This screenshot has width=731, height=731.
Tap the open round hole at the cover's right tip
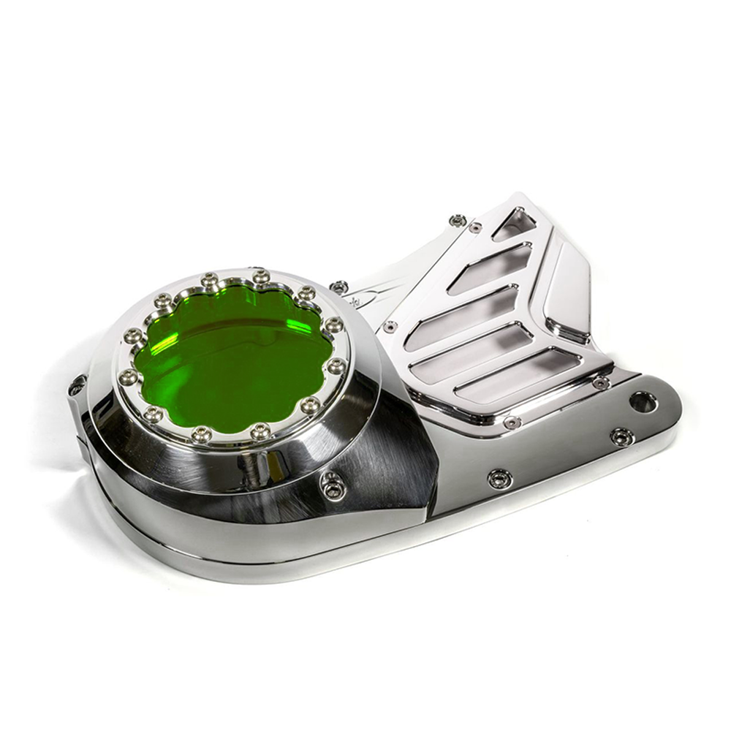tap(643, 401)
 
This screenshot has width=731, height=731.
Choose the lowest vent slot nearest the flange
tap(519, 376)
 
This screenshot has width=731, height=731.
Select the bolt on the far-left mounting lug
tap(77, 386)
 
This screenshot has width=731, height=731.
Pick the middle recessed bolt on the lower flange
tap(500, 478)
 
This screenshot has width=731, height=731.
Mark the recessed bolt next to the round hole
tap(621, 436)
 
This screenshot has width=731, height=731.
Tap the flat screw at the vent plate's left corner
tap(390, 326)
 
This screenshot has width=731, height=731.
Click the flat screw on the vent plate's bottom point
tap(512, 422)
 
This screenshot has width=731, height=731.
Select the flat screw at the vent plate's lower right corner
tap(601, 383)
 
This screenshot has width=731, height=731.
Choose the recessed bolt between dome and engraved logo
tap(338, 287)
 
